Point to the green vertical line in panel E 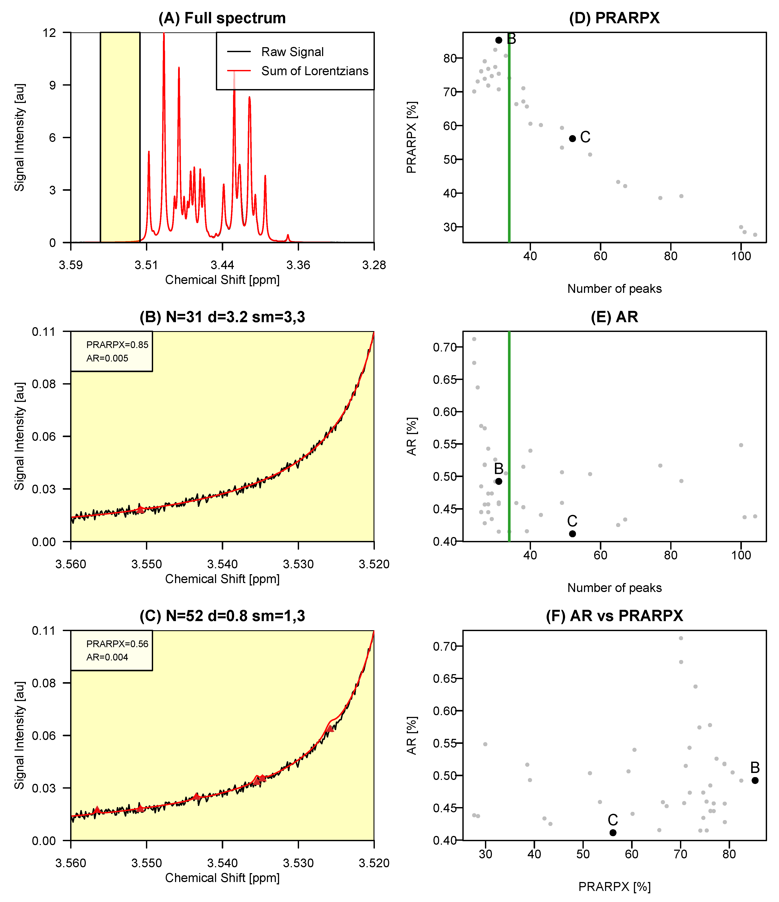coord(509,436)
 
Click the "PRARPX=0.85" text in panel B coord(117,345)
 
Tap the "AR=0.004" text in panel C coord(107,657)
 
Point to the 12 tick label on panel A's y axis coord(50,33)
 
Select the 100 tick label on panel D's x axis coord(741,256)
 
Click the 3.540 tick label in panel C coord(222,863)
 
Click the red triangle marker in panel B coord(140,509)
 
